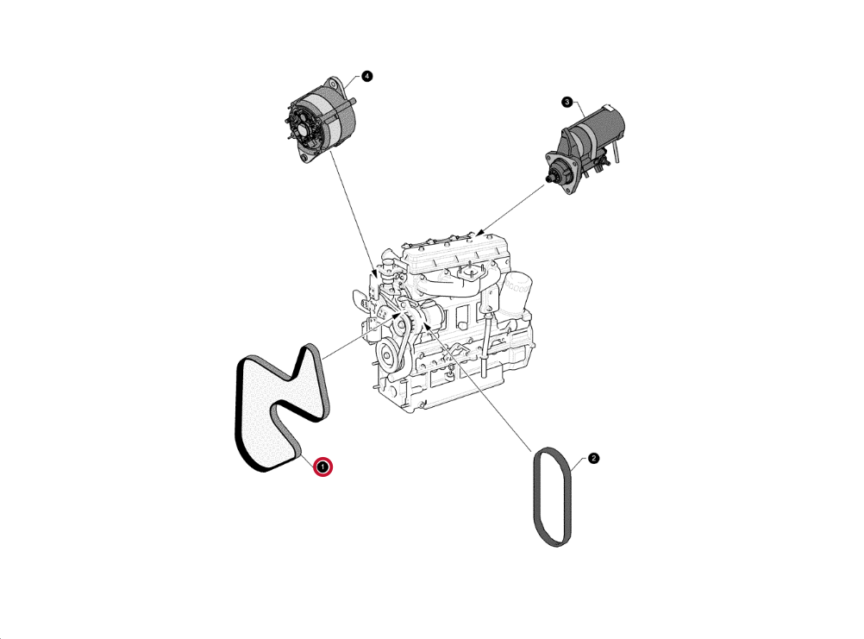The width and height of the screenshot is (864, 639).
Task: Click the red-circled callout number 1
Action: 322,467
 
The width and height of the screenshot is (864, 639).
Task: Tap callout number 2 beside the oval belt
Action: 593,458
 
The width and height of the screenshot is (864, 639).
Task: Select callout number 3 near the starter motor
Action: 567,102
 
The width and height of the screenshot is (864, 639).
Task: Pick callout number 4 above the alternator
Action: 367,76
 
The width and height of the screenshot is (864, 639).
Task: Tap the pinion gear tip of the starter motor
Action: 548,179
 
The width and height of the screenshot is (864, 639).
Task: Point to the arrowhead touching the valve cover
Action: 480,232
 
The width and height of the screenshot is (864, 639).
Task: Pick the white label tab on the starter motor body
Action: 608,108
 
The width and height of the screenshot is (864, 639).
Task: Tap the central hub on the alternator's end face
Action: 302,132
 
